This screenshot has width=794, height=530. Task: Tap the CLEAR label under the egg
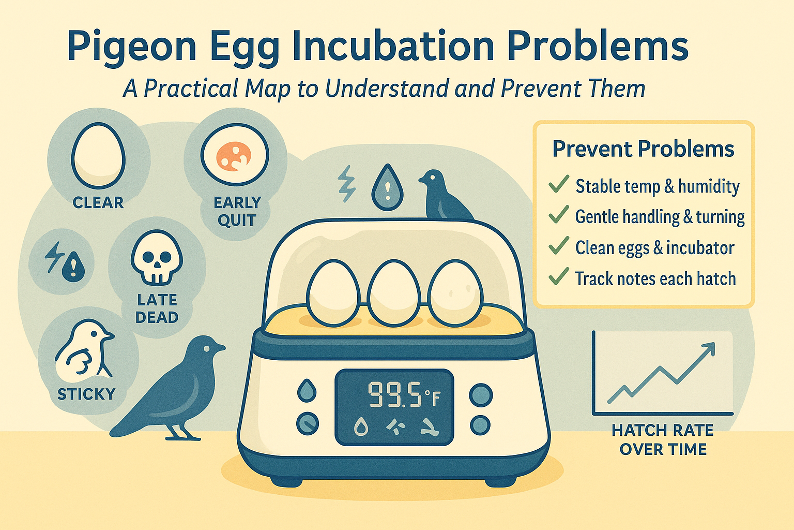[x=98, y=202]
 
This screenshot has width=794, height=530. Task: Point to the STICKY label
[x=86, y=394]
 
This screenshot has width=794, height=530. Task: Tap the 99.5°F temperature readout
[x=403, y=395]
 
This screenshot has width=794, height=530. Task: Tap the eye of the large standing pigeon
[x=206, y=348]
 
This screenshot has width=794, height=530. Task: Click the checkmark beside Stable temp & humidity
[x=558, y=184]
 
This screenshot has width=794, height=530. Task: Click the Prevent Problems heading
[x=643, y=149]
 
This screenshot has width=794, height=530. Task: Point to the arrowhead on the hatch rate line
[x=709, y=348]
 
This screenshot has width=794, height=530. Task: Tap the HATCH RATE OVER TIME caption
[x=663, y=439]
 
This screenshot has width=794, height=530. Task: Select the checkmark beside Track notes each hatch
[x=558, y=277]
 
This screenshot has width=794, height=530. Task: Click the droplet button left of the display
[x=308, y=391]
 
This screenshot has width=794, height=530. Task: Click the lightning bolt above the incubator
[x=346, y=184]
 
